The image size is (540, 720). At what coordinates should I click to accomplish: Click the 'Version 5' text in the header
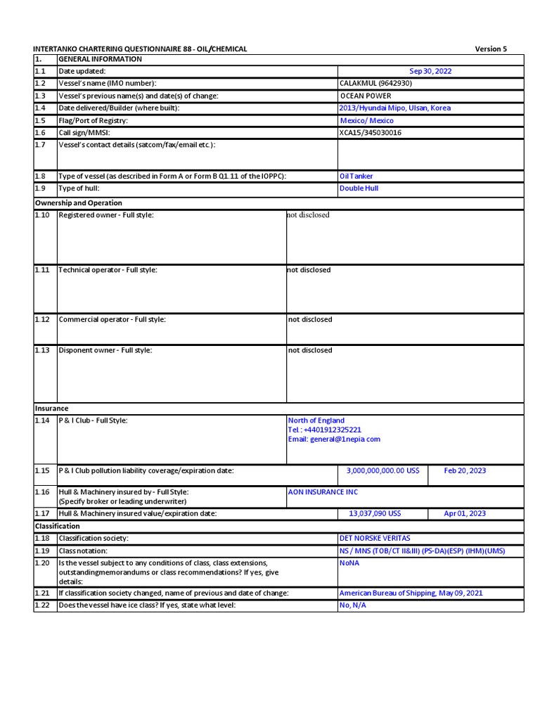point(490,49)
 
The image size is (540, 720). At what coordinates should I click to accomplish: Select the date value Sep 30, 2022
point(430,71)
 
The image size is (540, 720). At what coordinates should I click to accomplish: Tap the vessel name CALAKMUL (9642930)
point(375,83)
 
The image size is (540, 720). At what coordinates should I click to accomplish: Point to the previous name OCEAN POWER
point(366,96)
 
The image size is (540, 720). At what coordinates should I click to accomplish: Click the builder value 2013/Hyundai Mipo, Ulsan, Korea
point(395,108)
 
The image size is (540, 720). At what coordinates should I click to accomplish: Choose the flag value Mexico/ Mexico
point(366,120)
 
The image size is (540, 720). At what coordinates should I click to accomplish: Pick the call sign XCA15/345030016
point(371,132)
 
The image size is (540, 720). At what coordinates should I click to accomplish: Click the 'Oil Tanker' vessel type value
point(356,176)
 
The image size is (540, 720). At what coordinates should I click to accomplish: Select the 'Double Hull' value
point(359,188)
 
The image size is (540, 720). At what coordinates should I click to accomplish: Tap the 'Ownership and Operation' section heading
point(69,203)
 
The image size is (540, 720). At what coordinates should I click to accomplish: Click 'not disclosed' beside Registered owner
point(308,215)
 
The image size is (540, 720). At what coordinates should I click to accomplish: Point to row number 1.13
point(42,350)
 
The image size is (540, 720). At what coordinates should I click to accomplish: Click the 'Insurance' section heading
point(52,408)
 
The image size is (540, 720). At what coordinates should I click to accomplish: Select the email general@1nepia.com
point(334,439)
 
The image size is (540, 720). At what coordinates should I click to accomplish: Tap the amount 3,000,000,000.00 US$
point(382,470)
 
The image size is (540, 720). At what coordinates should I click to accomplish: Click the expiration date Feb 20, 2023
point(465,470)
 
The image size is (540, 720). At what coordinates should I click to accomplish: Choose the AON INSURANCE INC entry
point(323,492)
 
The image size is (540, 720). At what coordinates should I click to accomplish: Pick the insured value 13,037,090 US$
point(375,513)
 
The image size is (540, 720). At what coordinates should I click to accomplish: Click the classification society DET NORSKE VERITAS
point(374,538)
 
